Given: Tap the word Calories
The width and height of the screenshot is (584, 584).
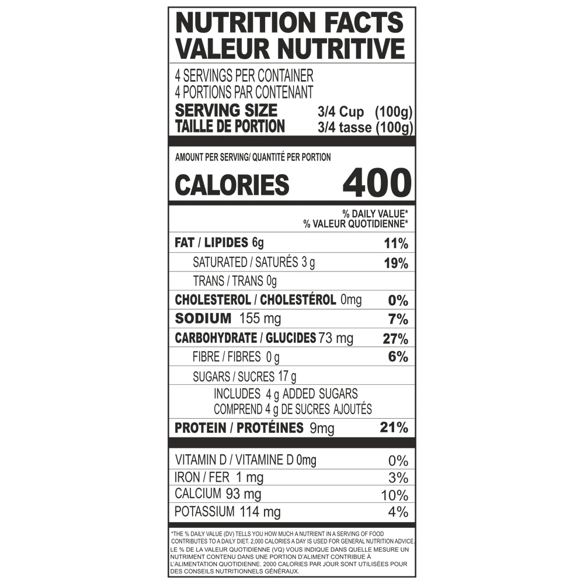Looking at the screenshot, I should point(228,186).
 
